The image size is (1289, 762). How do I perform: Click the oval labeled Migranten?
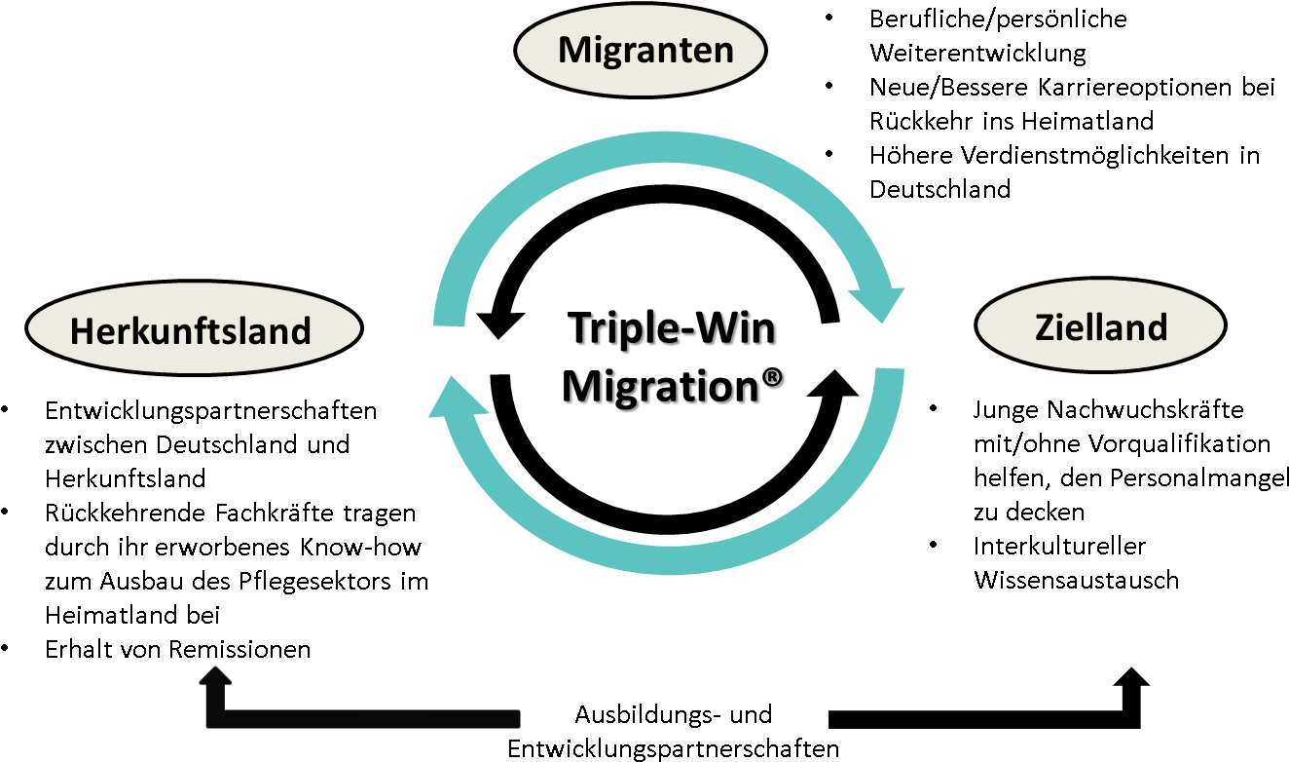coord(641,49)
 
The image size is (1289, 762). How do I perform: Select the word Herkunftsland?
coord(190,331)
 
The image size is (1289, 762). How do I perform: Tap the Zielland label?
coord(1100,327)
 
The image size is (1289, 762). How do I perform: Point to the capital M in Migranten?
coord(573,49)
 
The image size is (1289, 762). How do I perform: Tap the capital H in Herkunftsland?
coord(82,331)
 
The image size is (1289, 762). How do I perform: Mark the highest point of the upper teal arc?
coord(664,146)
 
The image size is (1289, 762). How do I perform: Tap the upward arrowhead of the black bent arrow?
coord(215,674)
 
